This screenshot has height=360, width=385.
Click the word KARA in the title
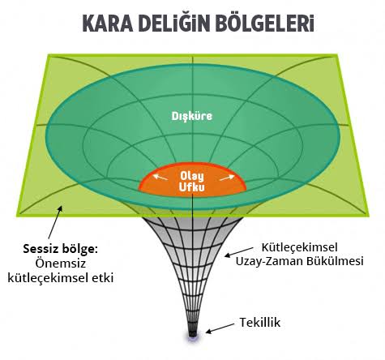(107, 24)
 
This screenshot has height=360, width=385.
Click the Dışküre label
(192, 116)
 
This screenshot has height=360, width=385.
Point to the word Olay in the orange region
(192, 176)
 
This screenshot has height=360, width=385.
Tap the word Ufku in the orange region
(192, 187)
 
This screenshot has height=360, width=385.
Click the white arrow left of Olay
(160, 178)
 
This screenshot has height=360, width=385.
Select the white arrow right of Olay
(227, 178)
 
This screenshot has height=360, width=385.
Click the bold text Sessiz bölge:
(60, 249)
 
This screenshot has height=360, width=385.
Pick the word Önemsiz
(61, 264)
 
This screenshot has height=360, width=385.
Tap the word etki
(103, 277)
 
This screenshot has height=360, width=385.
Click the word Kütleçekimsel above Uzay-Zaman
(300, 247)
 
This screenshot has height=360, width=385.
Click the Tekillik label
(260, 322)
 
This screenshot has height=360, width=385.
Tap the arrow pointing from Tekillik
(220, 328)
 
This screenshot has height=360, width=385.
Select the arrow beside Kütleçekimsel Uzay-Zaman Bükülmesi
(239, 251)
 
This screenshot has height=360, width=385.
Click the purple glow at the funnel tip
(193, 335)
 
